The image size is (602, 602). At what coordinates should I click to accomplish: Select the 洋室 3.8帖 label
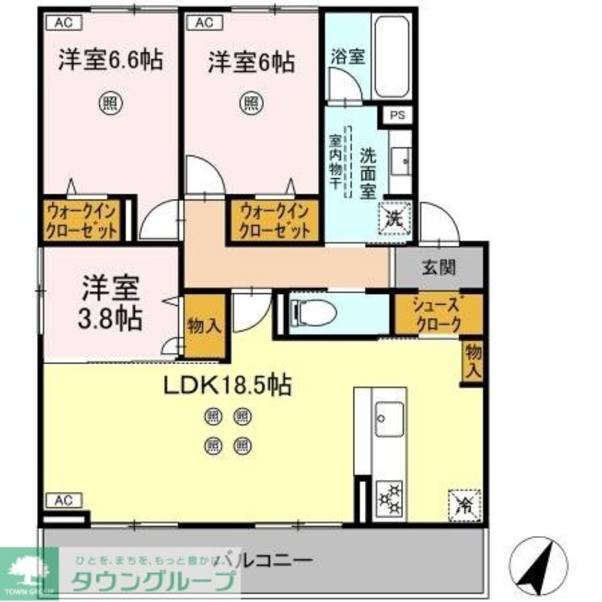(x=113, y=302)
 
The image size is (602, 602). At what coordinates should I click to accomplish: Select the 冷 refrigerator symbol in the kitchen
(x=464, y=503)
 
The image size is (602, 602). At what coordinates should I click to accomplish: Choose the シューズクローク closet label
(x=437, y=313)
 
